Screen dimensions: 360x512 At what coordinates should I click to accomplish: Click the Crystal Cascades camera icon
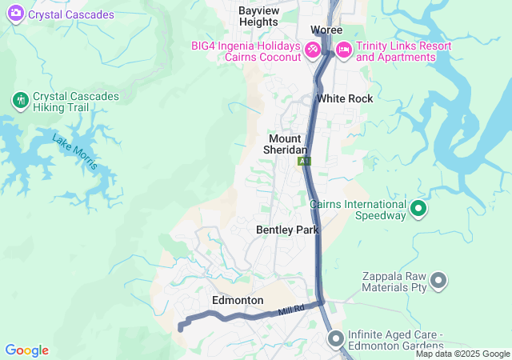click(15, 14)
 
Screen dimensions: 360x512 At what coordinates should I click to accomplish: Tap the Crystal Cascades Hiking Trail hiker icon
click(20, 101)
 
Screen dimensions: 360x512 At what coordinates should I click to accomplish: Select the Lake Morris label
click(75, 152)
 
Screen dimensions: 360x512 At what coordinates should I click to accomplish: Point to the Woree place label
click(326, 30)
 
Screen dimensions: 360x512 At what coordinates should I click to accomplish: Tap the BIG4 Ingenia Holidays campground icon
click(314, 50)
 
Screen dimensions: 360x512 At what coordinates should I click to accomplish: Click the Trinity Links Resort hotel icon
click(343, 50)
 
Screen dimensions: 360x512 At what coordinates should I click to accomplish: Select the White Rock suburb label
click(344, 98)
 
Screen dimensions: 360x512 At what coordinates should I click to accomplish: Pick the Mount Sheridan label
click(286, 144)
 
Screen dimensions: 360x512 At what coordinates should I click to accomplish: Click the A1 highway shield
click(304, 162)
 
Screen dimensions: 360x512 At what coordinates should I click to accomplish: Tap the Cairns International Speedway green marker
click(418, 210)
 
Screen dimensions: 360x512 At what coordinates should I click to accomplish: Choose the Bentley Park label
click(287, 230)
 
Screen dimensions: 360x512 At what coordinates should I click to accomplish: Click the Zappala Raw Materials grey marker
click(438, 280)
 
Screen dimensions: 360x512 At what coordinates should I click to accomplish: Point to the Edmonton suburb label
click(238, 300)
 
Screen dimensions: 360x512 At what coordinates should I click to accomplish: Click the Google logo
click(26, 350)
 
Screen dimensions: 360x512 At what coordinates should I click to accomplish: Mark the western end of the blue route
click(180, 327)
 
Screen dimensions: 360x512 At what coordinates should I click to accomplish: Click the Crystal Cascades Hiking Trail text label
click(75, 102)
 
